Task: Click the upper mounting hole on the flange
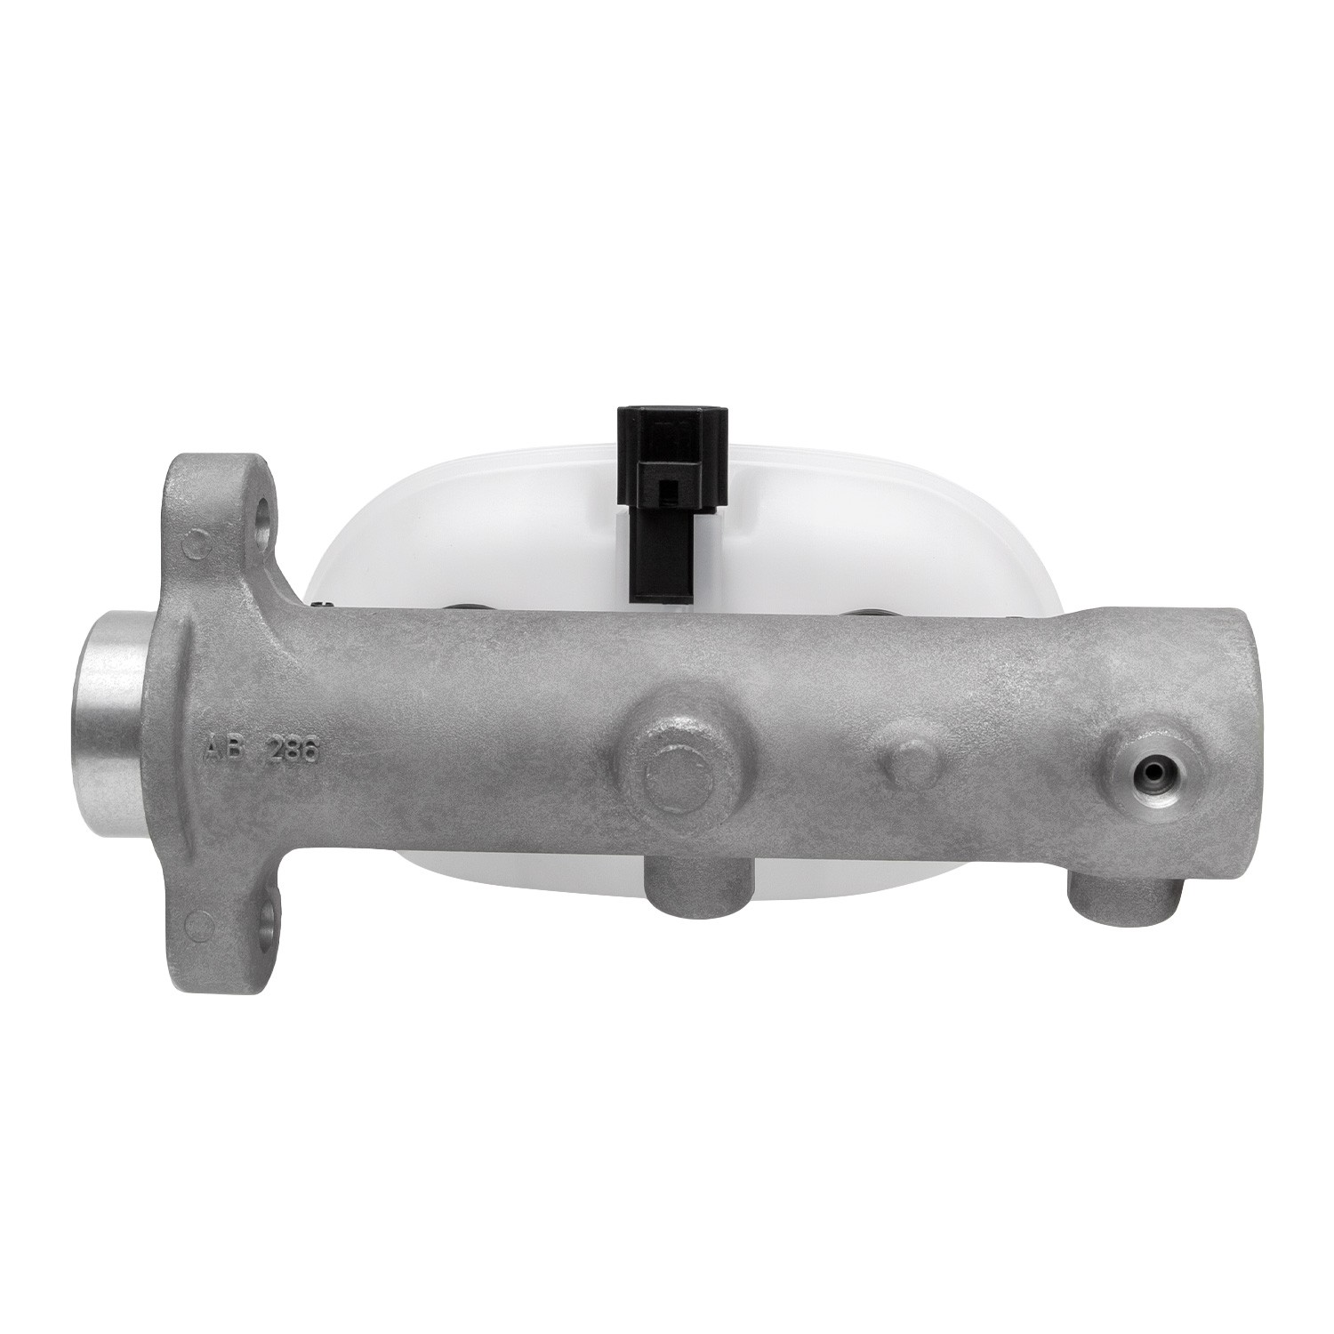265,511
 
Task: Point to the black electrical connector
671,502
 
